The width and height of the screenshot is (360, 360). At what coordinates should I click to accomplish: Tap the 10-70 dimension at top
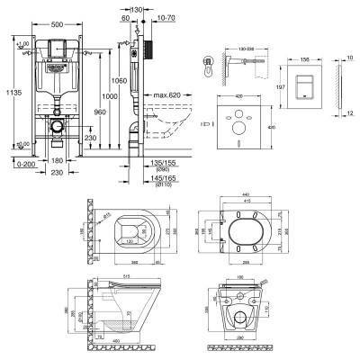coord(165,17)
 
